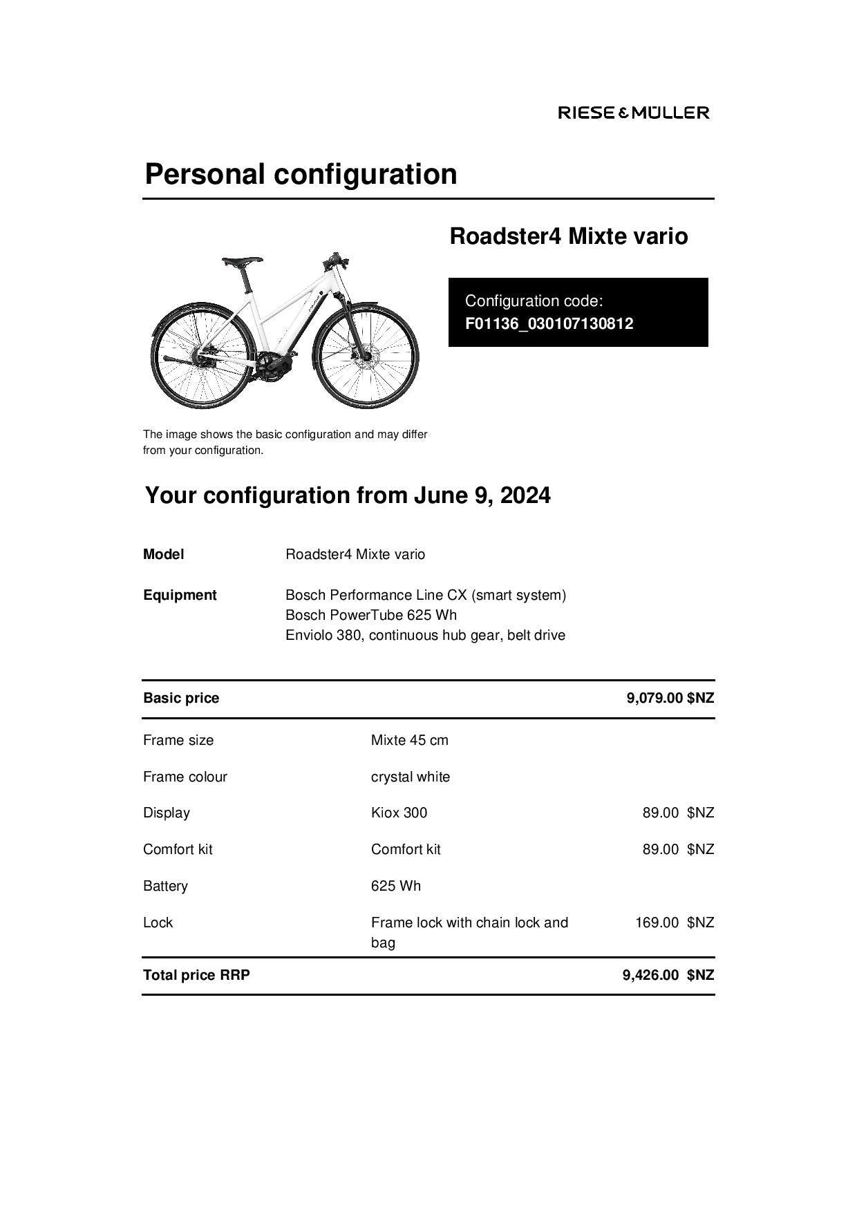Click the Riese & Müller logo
point(633,113)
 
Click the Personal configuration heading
point(301,173)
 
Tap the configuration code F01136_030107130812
point(549,323)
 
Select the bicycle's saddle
point(242,261)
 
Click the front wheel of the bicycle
point(366,357)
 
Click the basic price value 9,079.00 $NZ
point(670,698)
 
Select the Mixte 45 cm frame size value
point(409,740)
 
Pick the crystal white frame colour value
point(410,777)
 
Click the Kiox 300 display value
point(399,813)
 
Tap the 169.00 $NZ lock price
point(674,922)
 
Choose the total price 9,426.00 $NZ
point(668,975)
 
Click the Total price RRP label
point(196,975)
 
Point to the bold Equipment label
point(180,595)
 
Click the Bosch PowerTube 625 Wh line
point(370,615)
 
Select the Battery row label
point(165,886)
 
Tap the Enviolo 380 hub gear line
point(425,635)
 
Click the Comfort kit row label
point(178,849)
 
